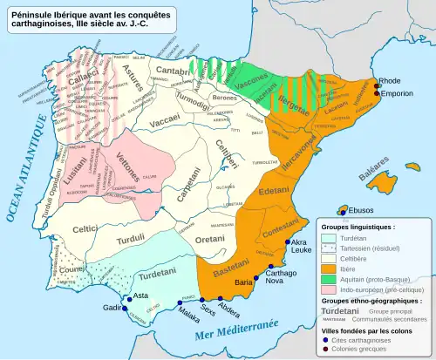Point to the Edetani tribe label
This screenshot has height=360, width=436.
click(x=274, y=190)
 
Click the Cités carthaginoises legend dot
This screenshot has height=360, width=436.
click(x=328, y=338)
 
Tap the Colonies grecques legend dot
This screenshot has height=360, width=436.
click(x=328, y=349)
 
